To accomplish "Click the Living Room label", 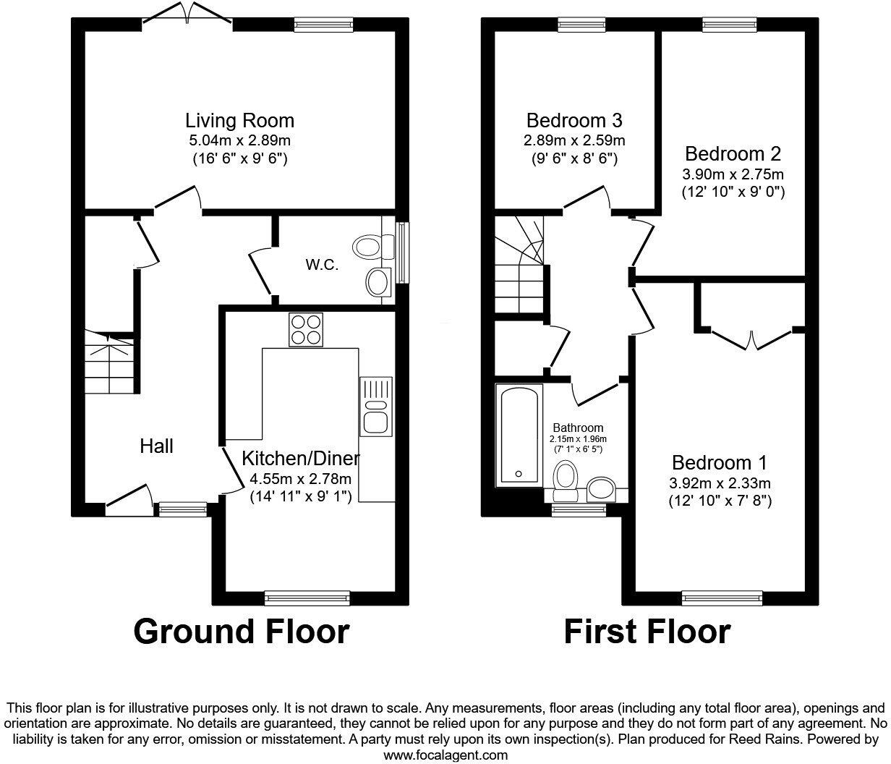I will coord(239,120).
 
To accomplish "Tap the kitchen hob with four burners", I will coord(306,329).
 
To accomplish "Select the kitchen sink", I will coord(376,406).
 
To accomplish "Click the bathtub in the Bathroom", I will coord(518,436).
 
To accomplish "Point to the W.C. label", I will coord(322,265).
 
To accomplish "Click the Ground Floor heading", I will coord(241,631).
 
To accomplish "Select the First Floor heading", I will coord(647,631).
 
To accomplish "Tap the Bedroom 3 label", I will coord(574,120).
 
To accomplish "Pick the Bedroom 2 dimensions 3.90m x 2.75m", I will coord(733,174).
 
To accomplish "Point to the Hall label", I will coord(157,446).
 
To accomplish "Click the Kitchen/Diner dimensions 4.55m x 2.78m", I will coord(300,478).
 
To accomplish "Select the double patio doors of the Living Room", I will coord(187,16).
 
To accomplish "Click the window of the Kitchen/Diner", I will coord(307,598).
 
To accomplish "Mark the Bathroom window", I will coord(578,511).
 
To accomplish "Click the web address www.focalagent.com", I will coord(445,755).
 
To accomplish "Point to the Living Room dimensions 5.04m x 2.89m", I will coord(239,140).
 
